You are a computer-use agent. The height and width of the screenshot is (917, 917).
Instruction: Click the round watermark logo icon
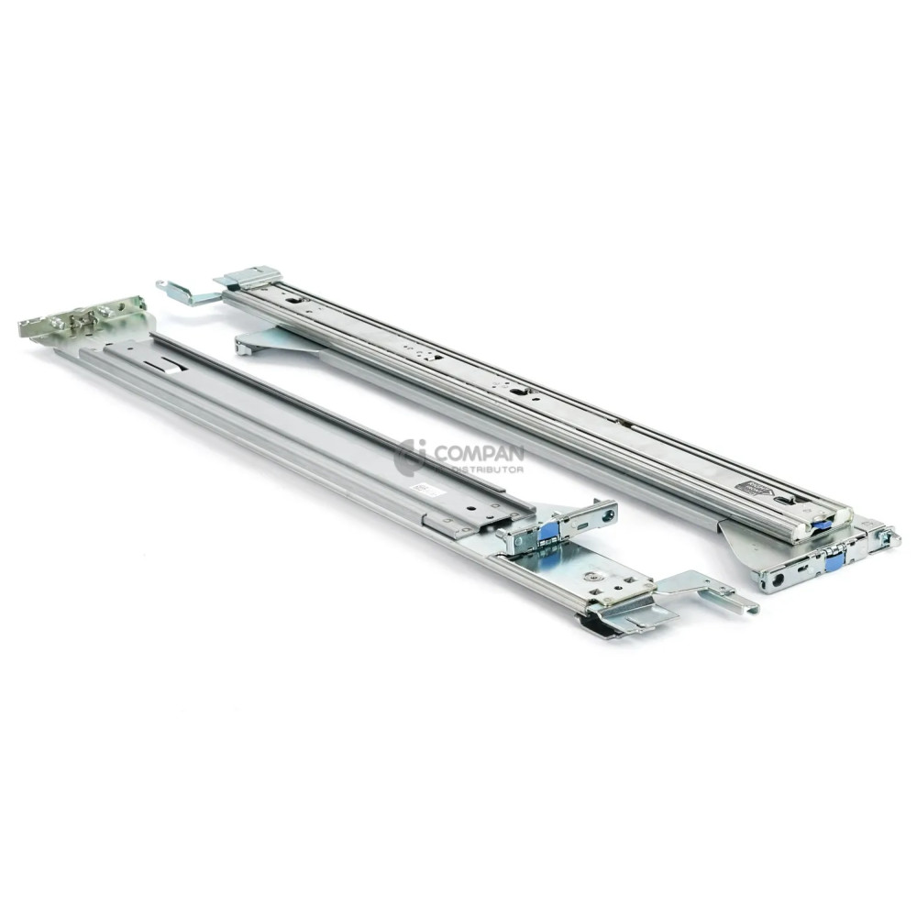(x=410, y=457)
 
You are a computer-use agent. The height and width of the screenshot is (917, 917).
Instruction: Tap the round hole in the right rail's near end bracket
(x=778, y=579)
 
